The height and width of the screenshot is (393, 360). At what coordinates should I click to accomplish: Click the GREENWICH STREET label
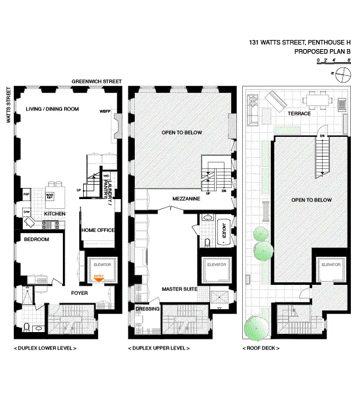click(97, 81)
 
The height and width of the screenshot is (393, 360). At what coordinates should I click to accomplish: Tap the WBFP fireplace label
click(103, 111)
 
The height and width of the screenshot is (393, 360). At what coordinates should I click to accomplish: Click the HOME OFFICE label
click(98, 230)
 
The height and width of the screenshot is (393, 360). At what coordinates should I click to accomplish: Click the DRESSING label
click(147, 309)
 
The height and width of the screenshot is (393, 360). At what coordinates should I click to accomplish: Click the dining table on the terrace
click(319, 100)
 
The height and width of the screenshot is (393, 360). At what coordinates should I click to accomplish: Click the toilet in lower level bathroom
click(24, 327)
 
